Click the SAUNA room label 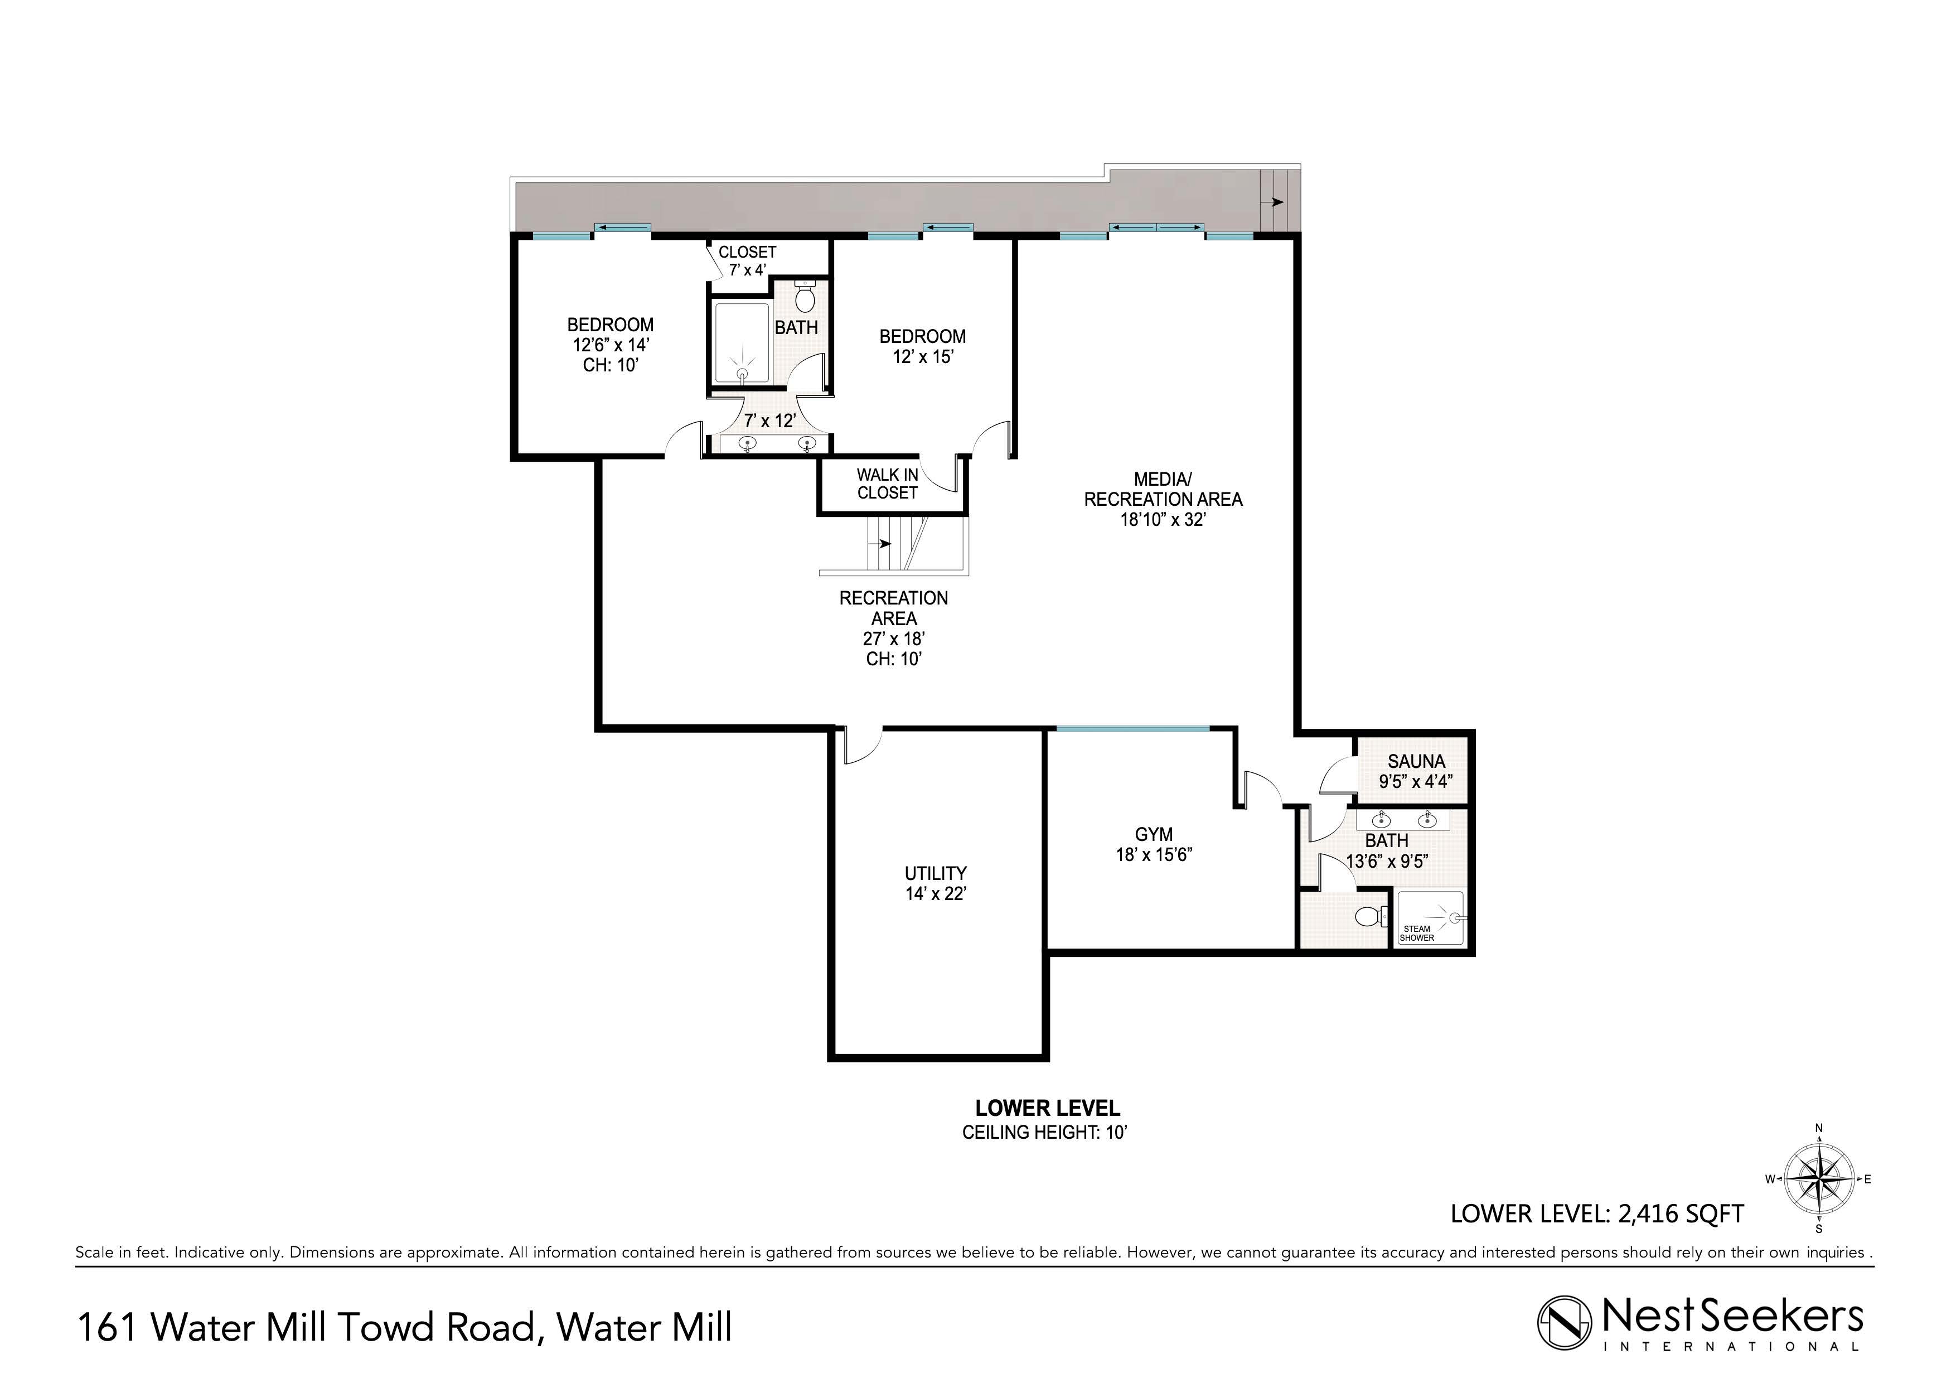[x=1416, y=761]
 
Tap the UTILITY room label [x=936, y=873]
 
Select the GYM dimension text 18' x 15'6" [x=1154, y=855]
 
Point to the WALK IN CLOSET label [x=887, y=484]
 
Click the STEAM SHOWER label [x=1417, y=933]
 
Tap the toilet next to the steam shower [x=1367, y=917]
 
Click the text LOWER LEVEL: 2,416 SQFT [x=1597, y=1213]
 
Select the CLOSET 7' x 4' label [x=747, y=261]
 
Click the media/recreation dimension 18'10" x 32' [x=1163, y=519]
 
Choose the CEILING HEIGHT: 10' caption [x=1045, y=1133]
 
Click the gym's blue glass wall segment [x=1132, y=728]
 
